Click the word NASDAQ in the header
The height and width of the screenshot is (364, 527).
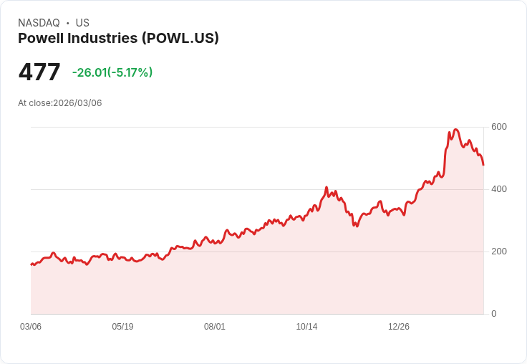[x=39, y=23]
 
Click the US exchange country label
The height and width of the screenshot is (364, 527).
[x=82, y=23]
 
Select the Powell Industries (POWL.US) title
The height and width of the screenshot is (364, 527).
[x=118, y=39]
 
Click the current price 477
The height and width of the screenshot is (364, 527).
[x=39, y=72]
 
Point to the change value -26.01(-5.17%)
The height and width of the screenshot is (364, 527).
[x=112, y=72]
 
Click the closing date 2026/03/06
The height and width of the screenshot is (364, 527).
[x=77, y=103]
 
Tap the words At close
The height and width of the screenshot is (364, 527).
[x=34, y=103]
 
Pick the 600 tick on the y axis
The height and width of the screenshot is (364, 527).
[x=498, y=127]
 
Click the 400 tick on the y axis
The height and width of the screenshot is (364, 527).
[x=498, y=189]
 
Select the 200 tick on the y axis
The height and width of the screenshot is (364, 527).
[x=498, y=252]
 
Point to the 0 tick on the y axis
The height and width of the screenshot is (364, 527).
[x=494, y=314]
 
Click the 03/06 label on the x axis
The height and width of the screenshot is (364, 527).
[x=31, y=327]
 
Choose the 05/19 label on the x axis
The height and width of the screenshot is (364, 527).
[x=122, y=327]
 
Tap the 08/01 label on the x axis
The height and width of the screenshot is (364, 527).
[x=215, y=327]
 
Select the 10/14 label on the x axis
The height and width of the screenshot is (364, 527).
[x=306, y=327]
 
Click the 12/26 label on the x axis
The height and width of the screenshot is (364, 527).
[x=399, y=327]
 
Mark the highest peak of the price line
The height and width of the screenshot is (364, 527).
[x=455, y=130]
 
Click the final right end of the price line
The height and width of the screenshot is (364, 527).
[x=483, y=165]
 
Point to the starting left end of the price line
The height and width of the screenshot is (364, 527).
[x=31, y=264]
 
